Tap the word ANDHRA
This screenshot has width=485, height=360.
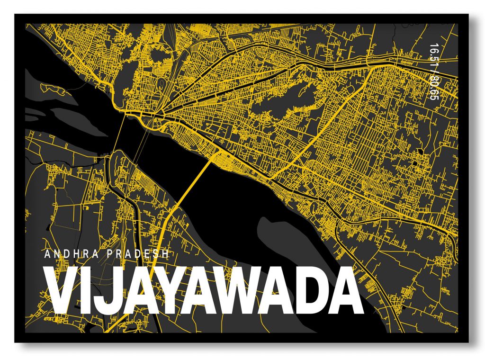click(x=71, y=254)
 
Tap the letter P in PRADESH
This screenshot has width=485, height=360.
click(x=111, y=254)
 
